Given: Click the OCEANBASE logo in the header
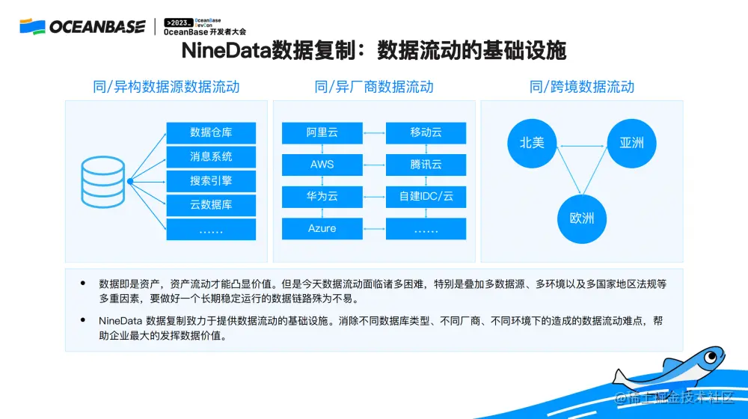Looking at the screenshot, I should [82, 27].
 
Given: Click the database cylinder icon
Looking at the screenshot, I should [104, 181].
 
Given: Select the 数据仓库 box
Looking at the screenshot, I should [211, 132].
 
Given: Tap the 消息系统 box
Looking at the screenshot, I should [211, 156].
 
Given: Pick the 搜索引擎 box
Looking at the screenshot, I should [211, 180].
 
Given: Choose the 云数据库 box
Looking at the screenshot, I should [211, 204].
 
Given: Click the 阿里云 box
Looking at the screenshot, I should [322, 132].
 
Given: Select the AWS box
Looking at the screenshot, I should [322, 165].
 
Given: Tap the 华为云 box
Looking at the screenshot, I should [322, 197].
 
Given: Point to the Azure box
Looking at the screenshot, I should [322, 228].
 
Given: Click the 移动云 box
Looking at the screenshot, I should [426, 132].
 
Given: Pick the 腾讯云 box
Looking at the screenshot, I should [426, 165].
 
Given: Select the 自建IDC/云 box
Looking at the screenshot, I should [426, 197].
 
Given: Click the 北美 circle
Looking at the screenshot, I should [532, 142].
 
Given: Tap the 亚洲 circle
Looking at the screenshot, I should [631, 142].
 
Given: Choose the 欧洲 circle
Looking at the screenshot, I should [581, 218].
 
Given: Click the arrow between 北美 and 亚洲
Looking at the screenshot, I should [581, 144].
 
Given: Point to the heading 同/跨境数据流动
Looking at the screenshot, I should [581, 87].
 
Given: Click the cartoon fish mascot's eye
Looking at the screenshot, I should [707, 357].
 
